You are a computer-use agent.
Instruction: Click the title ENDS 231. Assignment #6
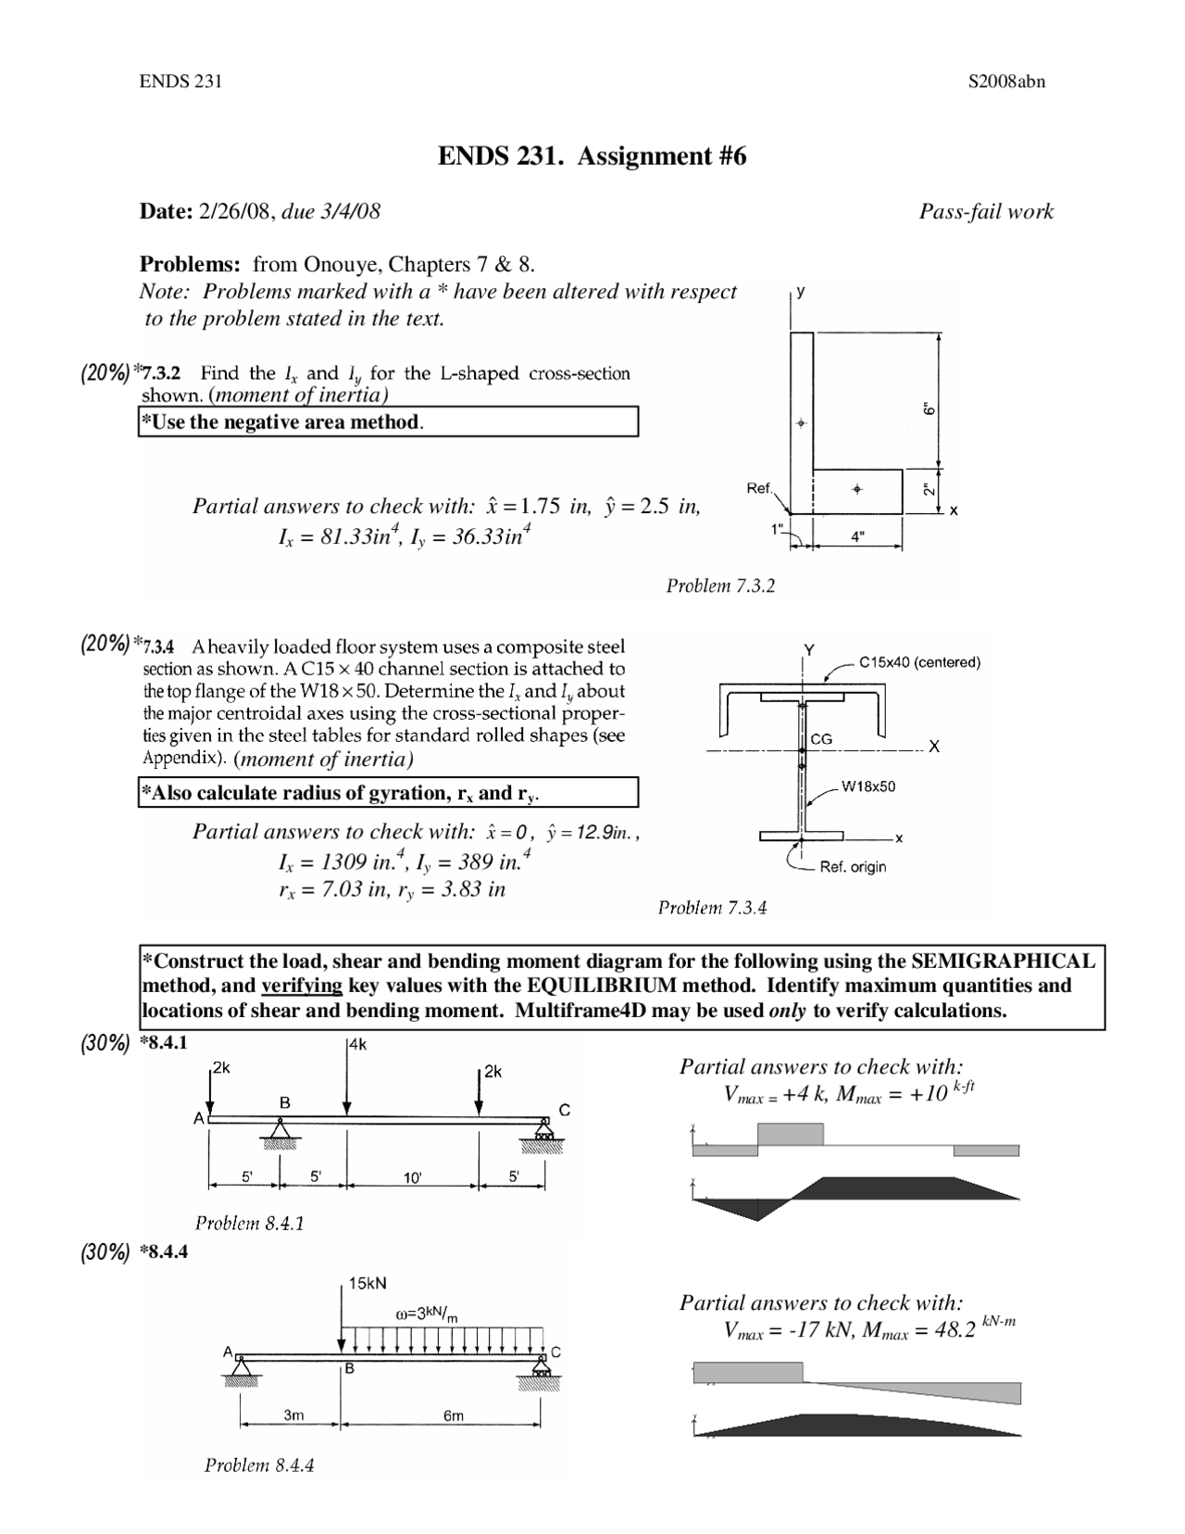592,157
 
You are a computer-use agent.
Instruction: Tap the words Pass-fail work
986,211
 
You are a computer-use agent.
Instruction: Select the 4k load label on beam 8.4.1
356,1044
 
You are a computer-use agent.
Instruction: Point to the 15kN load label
368,1283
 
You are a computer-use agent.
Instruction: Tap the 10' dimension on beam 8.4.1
413,1178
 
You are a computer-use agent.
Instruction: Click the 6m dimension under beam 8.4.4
454,1415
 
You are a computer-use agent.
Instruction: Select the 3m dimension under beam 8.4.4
293,1415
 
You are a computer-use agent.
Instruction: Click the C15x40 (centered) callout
919,661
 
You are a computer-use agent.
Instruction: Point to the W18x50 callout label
868,786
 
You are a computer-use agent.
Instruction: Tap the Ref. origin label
853,867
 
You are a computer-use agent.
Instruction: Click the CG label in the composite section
821,739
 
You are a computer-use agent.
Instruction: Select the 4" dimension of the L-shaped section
858,535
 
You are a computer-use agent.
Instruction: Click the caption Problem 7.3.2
720,585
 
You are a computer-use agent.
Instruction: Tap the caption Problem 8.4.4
259,1465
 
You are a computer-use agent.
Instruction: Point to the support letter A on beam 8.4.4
228,1352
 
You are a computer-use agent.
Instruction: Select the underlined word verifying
302,985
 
